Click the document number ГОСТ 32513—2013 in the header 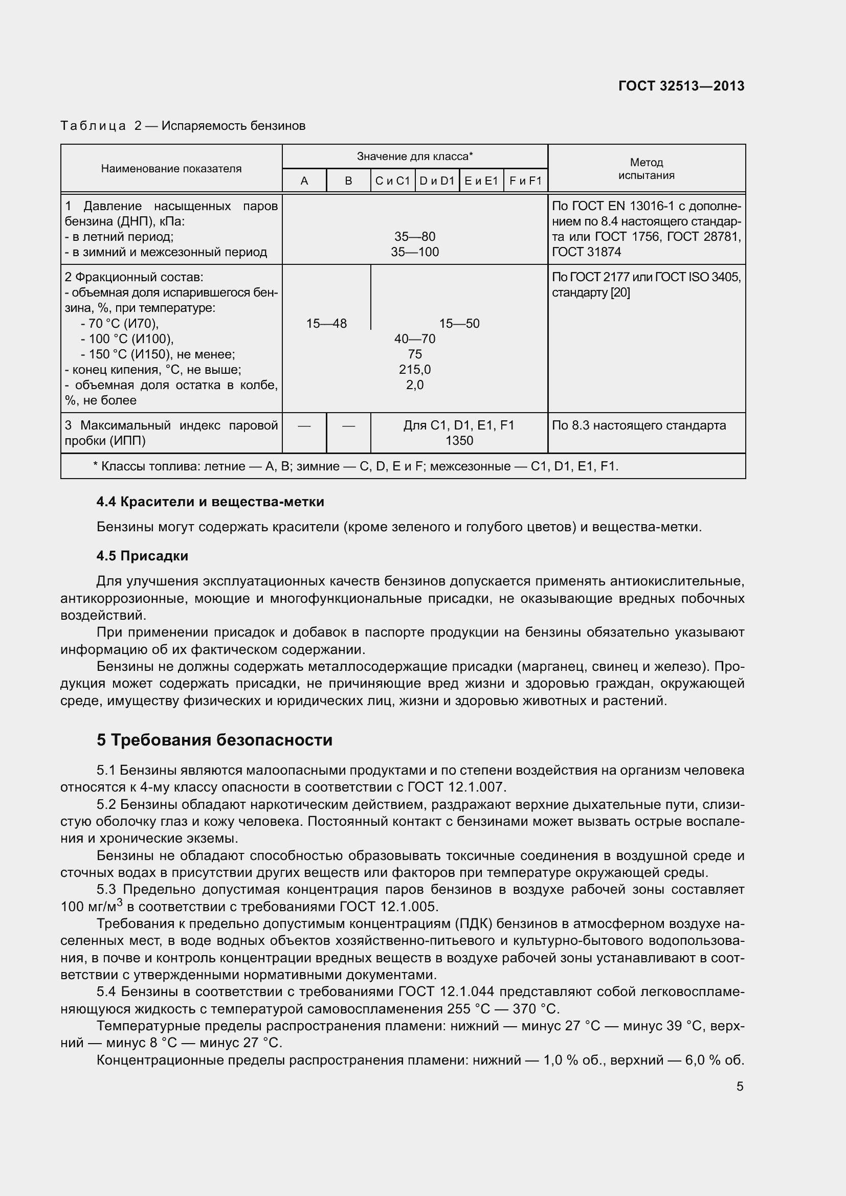click(681, 86)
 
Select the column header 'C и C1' click(393, 180)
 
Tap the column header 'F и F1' click(525, 180)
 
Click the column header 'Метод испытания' click(646, 169)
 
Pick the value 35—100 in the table click(415, 252)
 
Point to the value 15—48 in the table click(326, 324)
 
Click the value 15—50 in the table click(459, 324)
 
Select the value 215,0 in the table click(415, 370)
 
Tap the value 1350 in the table click(459, 441)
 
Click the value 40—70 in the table click(415, 339)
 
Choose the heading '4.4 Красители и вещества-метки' click(210, 502)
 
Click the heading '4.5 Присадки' click(142, 556)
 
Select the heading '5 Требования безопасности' click(214, 740)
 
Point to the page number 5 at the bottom click(740, 1087)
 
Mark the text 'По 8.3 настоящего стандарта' click(638, 425)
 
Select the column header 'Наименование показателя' click(171, 169)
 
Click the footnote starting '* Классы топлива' click(355, 466)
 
